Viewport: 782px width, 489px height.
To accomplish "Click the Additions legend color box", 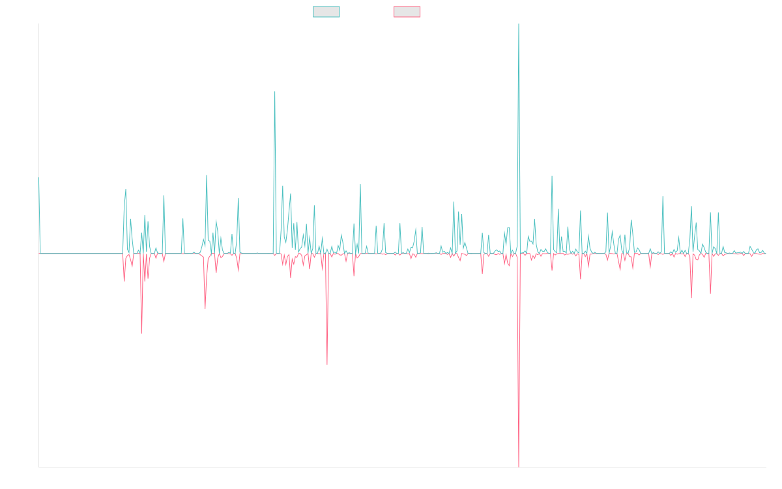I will [326, 12].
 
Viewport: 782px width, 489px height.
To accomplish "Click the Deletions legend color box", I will [407, 12].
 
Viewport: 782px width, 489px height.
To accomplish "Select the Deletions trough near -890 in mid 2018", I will [141, 333].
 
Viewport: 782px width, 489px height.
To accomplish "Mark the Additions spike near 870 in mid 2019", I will [207, 175].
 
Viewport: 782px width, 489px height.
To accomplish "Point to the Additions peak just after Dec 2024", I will [663, 196].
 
